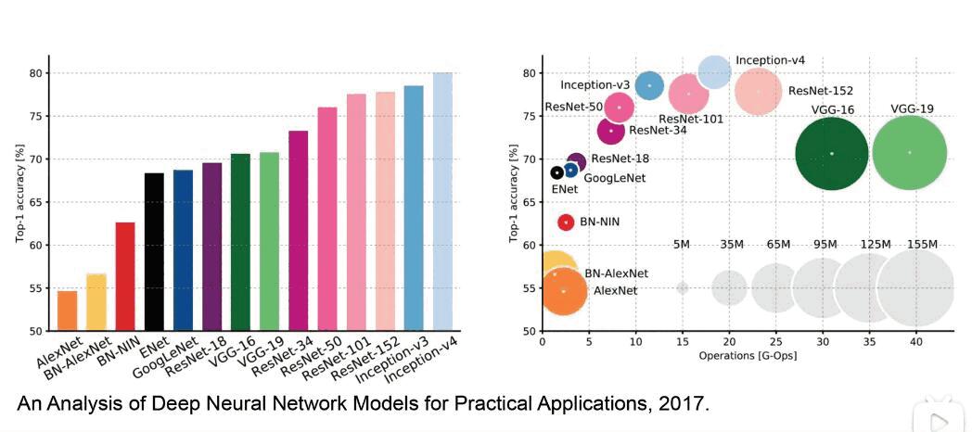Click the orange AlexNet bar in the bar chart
[x=68, y=311]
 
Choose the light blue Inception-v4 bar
[x=442, y=201]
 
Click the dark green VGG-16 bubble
[x=832, y=153]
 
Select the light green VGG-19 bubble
[x=910, y=153]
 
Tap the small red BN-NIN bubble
[x=566, y=222]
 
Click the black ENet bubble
[x=556, y=172]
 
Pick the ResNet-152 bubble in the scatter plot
[x=759, y=91]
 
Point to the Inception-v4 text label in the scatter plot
[x=770, y=60]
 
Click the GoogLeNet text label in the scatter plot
[x=614, y=178]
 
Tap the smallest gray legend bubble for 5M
[x=683, y=288]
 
